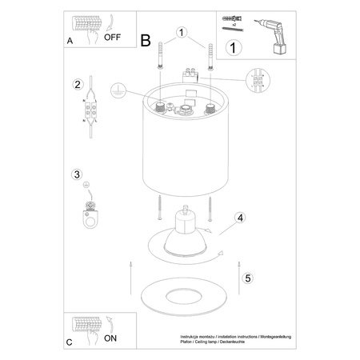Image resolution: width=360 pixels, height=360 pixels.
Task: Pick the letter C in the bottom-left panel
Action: pos(69,342)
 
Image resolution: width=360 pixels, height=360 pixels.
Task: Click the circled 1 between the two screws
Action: pos(182,34)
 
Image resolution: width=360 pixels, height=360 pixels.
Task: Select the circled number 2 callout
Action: pos(78,85)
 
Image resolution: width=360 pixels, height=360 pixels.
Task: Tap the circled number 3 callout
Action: pos(78,175)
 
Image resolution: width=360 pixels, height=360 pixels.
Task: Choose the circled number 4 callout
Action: pos(240,217)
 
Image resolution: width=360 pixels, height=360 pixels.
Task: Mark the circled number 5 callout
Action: pos(249,278)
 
